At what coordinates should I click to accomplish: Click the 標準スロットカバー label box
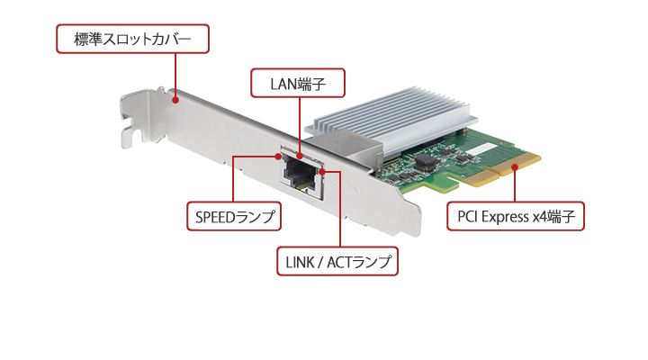[131, 40]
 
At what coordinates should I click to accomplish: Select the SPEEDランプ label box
[233, 217]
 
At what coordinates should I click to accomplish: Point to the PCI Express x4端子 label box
[517, 217]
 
